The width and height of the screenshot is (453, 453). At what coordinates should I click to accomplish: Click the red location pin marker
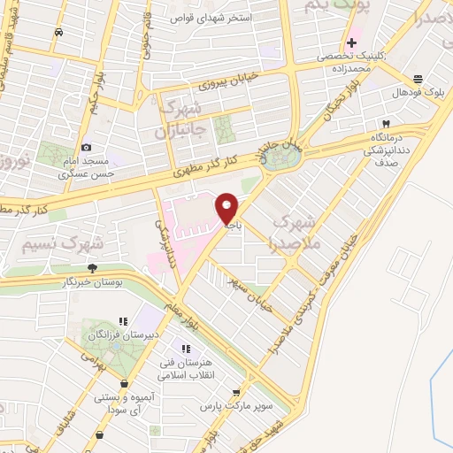click(x=227, y=209)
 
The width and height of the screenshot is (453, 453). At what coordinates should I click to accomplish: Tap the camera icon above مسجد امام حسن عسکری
click(x=86, y=147)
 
